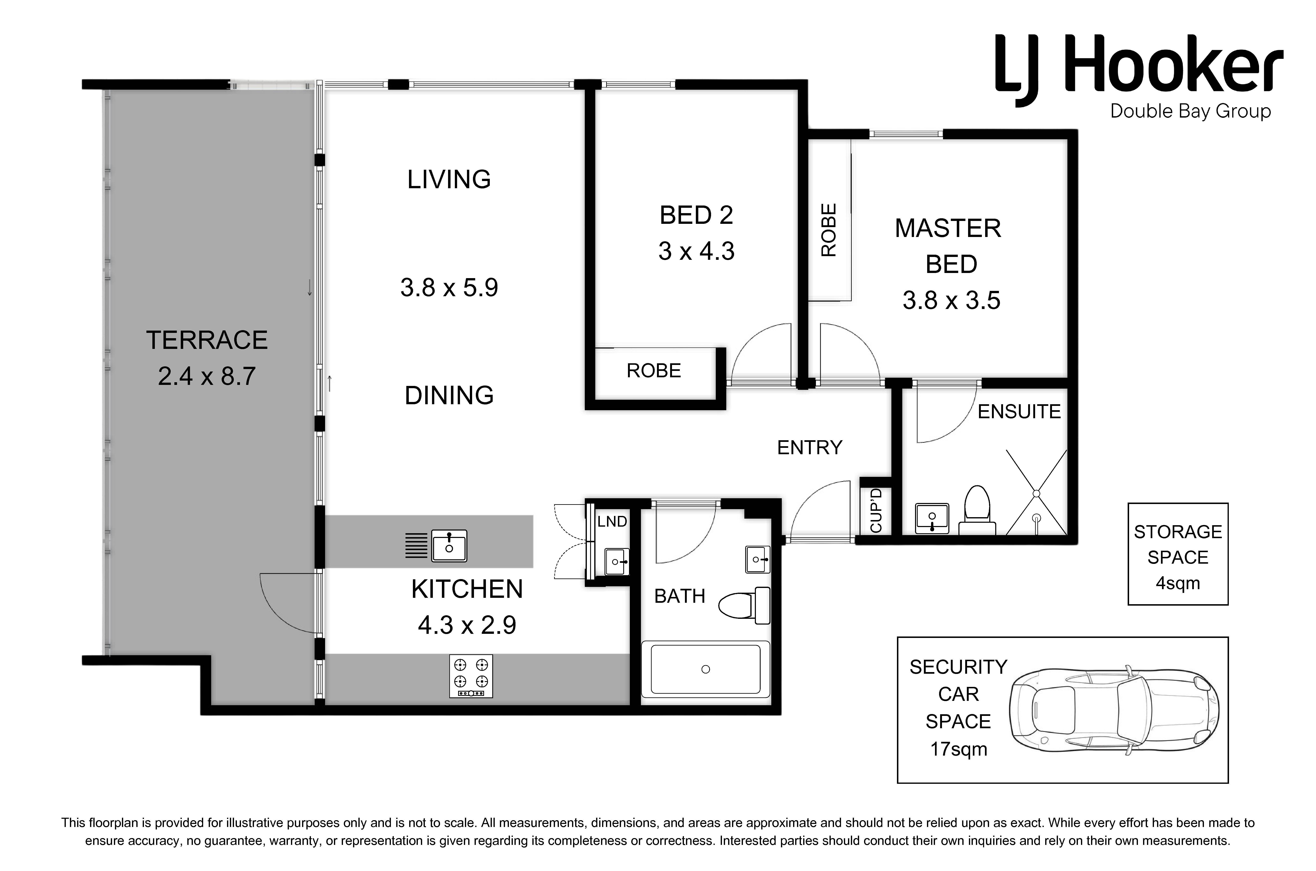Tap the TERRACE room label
pyautogui.click(x=207, y=340)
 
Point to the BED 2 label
pyautogui.click(x=696, y=215)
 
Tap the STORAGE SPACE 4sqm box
pyautogui.click(x=1178, y=554)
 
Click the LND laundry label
pyautogui.click(x=612, y=522)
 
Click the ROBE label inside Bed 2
pyautogui.click(x=653, y=370)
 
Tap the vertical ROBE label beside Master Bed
pyautogui.click(x=828, y=230)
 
